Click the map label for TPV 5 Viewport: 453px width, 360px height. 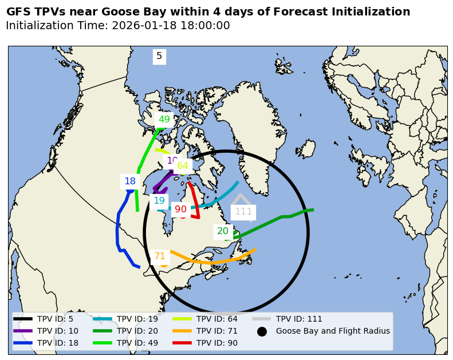click(x=159, y=56)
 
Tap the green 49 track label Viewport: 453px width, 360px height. click(x=164, y=120)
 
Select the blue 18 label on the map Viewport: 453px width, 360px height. click(x=130, y=181)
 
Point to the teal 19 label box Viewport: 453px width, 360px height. click(x=159, y=201)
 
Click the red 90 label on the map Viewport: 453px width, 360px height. click(x=180, y=209)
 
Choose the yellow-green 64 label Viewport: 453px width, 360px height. click(x=183, y=166)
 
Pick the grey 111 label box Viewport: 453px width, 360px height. click(x=243, y=212)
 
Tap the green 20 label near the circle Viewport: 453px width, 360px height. click(x=223, y=231)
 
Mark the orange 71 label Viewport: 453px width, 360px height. click(x=160, y=256)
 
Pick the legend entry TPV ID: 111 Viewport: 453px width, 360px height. click(x=299, y=319)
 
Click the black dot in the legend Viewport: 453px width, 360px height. click(x=262, y=331)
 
